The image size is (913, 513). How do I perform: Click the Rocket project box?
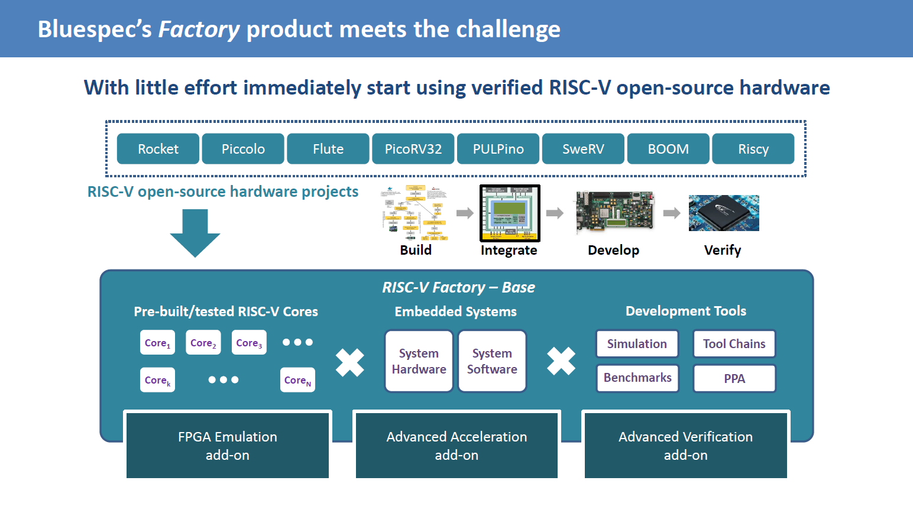[158, 149]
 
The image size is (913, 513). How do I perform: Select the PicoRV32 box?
[413, 149]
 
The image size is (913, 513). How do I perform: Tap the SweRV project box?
[583, 149]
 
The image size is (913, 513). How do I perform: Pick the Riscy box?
[753, 149]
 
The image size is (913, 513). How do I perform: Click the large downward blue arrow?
[195, 233]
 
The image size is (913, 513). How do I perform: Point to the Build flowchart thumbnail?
[415, 213]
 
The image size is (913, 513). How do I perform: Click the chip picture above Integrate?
[510, 213]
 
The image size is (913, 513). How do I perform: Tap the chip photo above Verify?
[724, 213]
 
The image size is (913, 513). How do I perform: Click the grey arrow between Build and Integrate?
[465, 213]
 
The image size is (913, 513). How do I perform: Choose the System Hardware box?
[419, 361]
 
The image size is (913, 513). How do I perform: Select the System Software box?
[492, 361]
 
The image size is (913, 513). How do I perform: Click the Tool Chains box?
[734, 344]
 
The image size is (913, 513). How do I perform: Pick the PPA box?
[734, 379]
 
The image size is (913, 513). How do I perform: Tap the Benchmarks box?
[637, 378]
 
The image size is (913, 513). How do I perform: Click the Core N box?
[297, 380]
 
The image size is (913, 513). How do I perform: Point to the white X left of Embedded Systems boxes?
[350, 362]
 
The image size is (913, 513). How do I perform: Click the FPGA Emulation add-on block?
[228, 446]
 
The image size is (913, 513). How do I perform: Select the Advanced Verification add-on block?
[685, 446]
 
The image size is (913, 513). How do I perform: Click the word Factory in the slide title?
[199, 29]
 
